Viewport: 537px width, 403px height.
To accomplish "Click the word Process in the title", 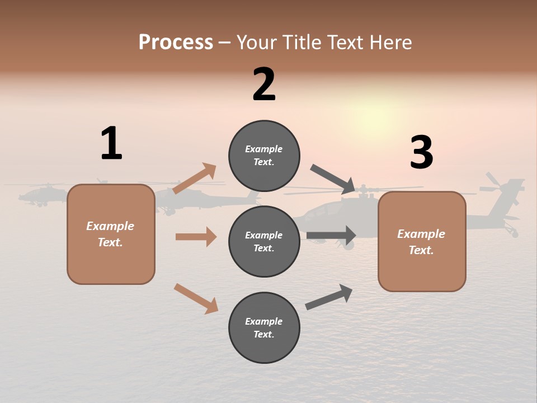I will [x=176, y=42].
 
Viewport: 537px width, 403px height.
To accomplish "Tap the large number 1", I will [x=111, y=143].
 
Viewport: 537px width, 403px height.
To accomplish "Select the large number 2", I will [x=264, y=85].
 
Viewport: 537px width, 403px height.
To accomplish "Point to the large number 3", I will [x=421, y=153].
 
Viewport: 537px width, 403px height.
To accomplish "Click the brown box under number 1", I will [x=111, y=234].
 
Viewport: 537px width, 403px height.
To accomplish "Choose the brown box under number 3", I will [x=422, y=242].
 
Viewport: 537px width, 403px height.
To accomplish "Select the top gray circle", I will [x=264, y=155].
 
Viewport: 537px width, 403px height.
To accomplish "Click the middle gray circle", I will [x=264, y=241].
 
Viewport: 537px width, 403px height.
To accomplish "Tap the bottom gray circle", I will [x=264, y=327].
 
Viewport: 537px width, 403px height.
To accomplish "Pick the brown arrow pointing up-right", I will [x=195, y=178].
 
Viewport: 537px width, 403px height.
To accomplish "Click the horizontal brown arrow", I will [x=196, y=237].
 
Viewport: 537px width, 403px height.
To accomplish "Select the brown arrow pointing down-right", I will [x=196, y=298].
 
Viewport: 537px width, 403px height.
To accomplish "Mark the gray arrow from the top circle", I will [x=333, y=179].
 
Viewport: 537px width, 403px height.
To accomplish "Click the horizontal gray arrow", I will [x=331, y=235].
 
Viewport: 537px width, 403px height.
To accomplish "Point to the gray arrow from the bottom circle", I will [x=329, y=297].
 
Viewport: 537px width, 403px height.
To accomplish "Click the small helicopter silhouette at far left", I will [x=39, y=195].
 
